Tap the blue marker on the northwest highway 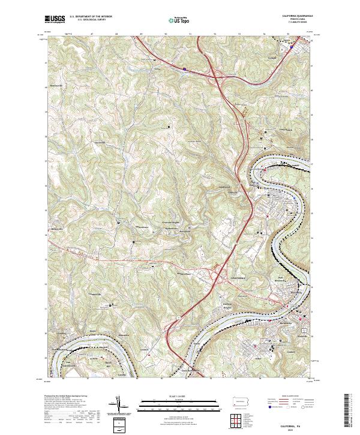tap(185, 69)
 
